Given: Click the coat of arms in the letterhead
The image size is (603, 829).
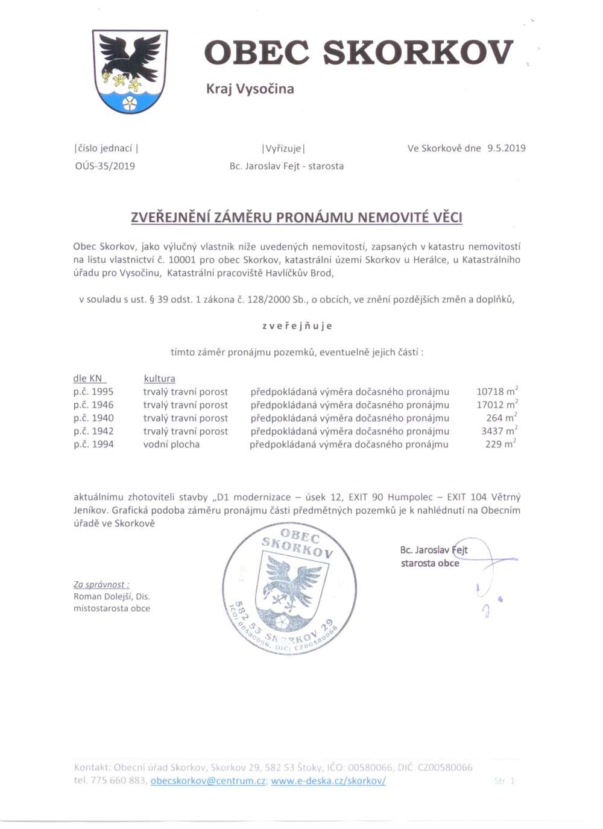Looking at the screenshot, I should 130,71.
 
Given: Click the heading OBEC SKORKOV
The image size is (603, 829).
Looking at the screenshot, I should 358,52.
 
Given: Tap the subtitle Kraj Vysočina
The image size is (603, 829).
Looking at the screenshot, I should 250,89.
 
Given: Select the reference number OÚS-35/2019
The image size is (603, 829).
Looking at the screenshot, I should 105,166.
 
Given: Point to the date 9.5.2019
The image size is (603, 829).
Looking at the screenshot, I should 506,148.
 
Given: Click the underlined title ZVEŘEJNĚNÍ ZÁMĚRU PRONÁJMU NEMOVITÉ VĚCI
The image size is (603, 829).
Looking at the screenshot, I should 297,217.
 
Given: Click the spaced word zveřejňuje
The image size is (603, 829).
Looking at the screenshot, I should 297,326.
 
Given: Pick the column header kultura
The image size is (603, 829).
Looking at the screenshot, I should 159,379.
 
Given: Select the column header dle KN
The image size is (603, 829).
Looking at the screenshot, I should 88,379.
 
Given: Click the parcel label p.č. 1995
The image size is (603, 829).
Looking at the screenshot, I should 93,392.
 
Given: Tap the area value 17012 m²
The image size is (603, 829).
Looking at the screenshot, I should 496,405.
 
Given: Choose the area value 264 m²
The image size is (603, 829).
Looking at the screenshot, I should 501,418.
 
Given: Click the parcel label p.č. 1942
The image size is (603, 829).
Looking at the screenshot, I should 93,431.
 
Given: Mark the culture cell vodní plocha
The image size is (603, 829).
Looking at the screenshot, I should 171,444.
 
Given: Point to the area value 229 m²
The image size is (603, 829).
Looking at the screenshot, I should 500,444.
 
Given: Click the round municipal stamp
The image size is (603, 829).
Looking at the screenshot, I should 289,588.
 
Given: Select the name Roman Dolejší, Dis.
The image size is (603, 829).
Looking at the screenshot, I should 112,596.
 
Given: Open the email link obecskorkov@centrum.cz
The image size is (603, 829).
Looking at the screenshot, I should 208,781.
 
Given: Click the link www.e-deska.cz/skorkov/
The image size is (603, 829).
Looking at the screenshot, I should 328,781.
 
